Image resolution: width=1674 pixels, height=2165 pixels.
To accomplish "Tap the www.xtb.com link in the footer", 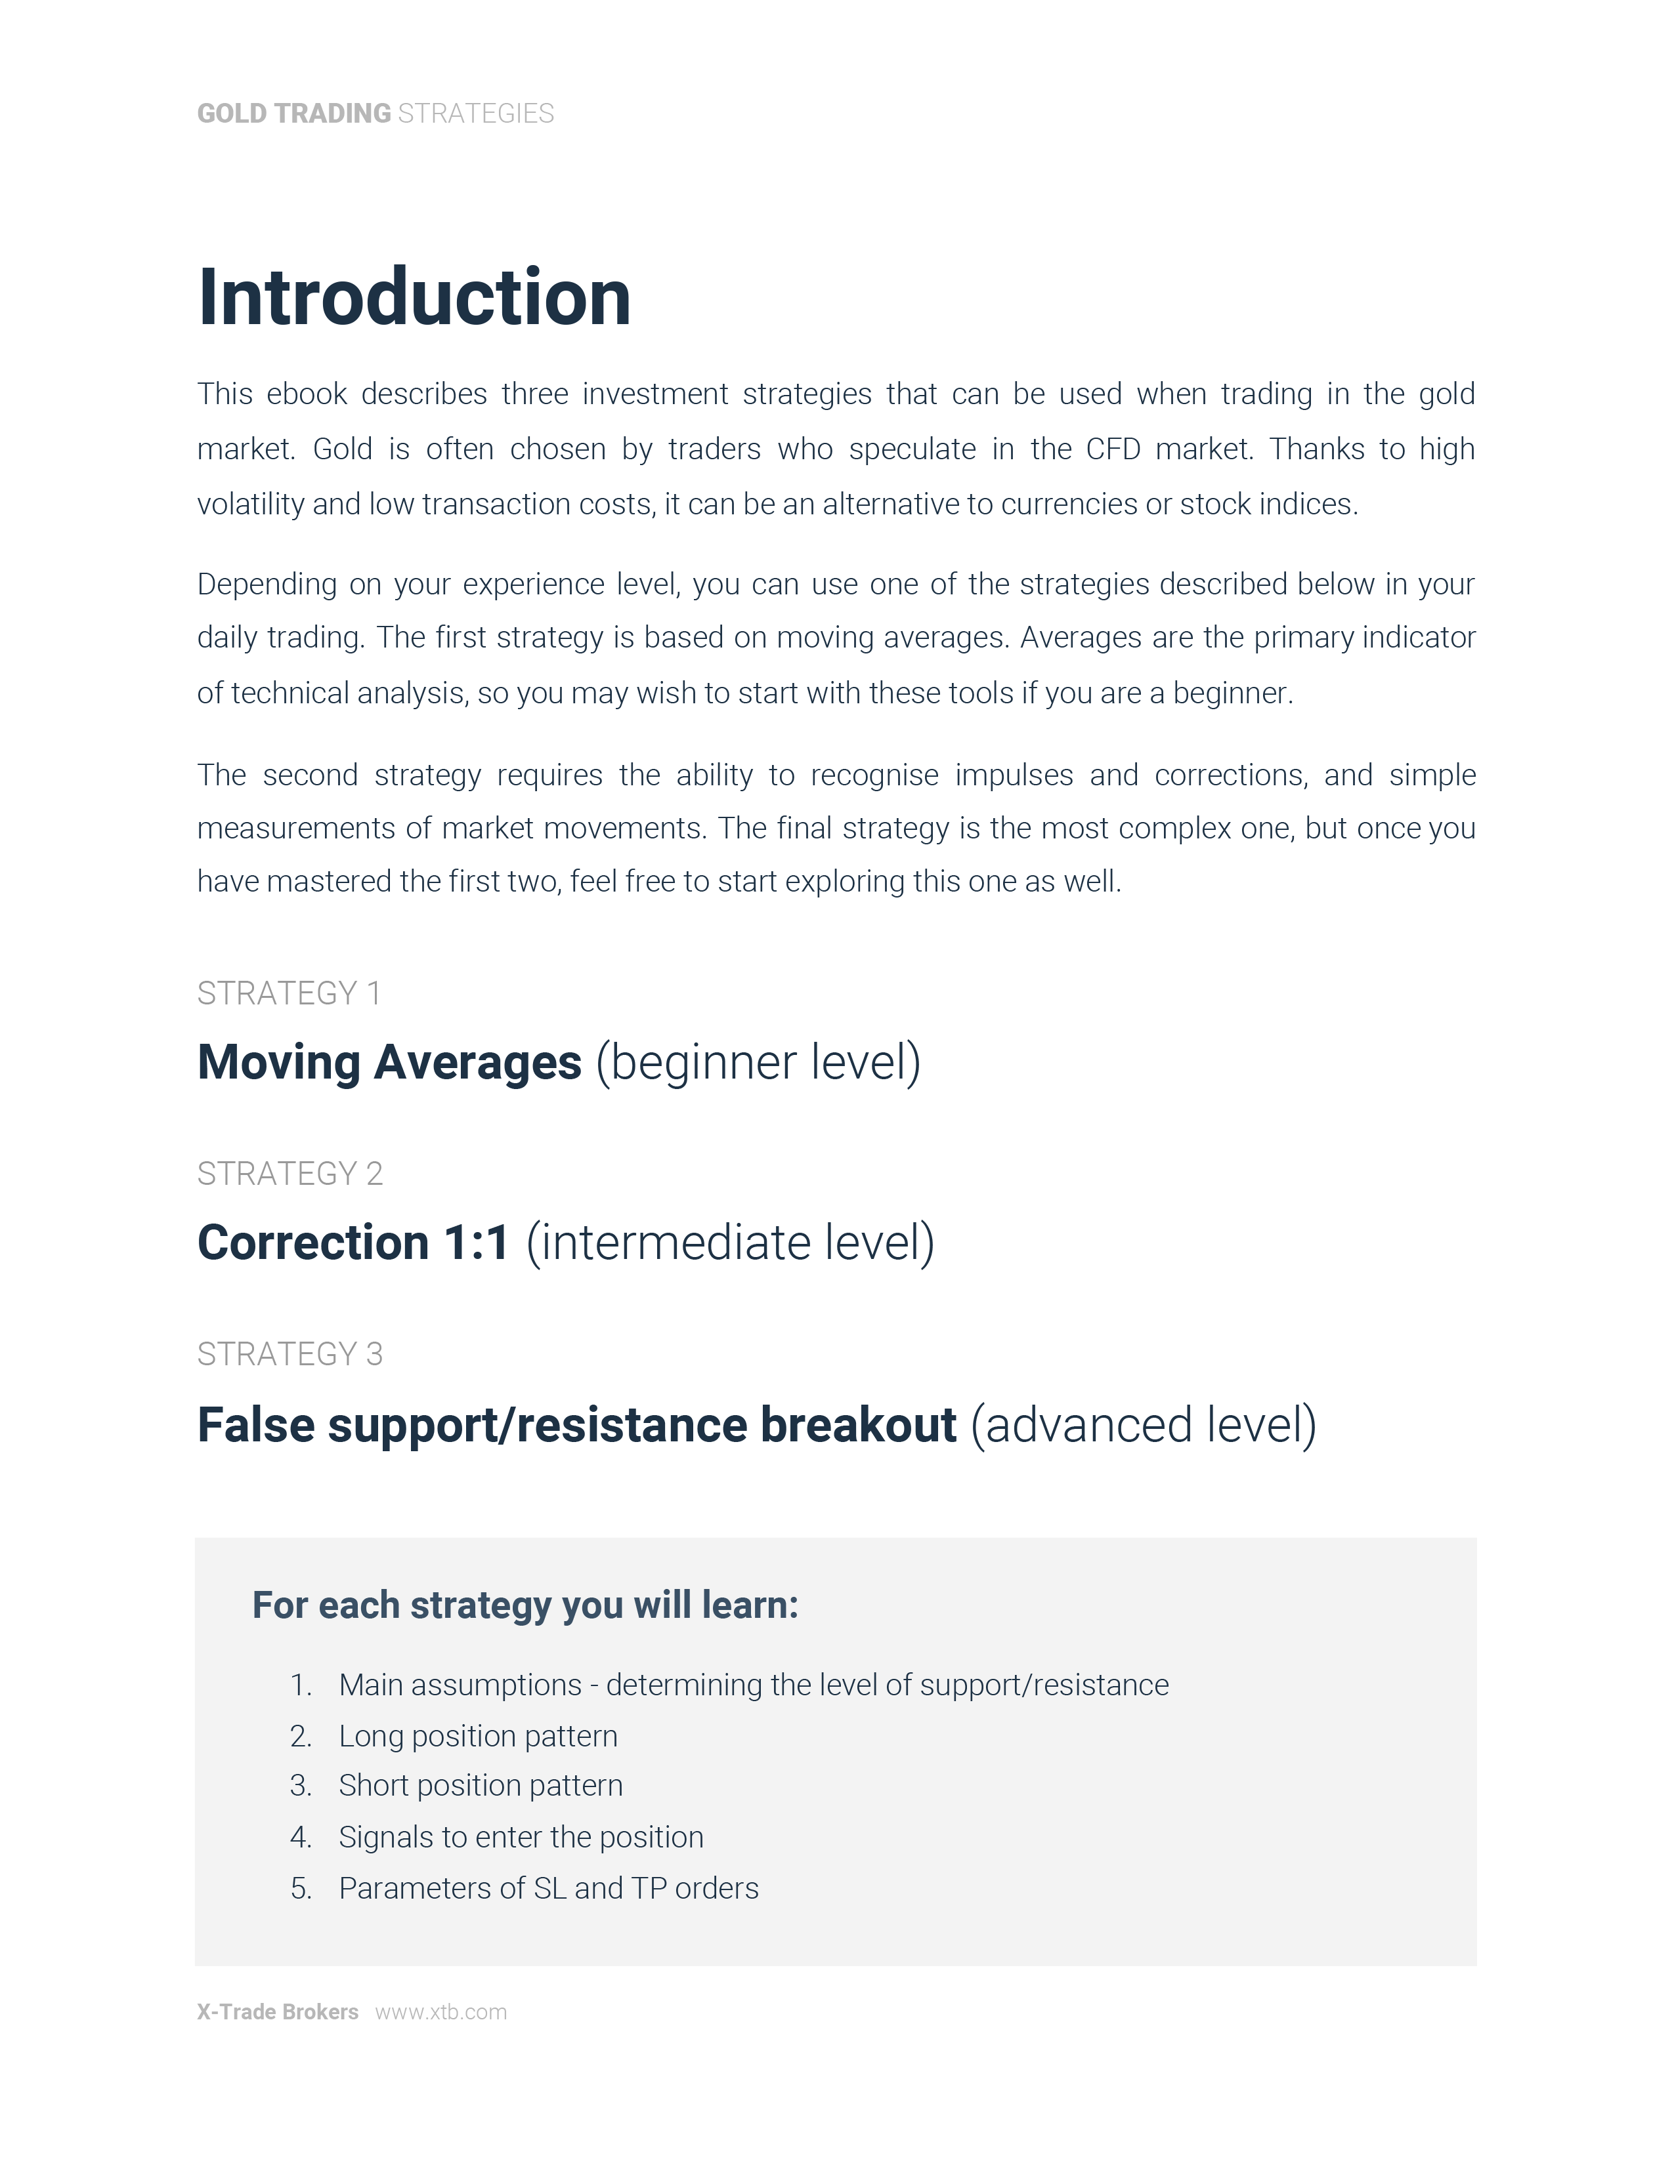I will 440,2011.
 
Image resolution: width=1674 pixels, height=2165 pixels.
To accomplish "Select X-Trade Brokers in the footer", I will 278,2011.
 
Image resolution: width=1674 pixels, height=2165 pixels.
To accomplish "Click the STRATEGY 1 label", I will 289,993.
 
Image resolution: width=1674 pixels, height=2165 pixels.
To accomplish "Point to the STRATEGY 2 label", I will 290,1174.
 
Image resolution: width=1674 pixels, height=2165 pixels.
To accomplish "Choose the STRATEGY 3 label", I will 290,1354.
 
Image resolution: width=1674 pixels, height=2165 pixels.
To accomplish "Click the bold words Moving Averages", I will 389,1063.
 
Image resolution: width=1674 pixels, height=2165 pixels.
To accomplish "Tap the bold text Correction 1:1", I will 353,1243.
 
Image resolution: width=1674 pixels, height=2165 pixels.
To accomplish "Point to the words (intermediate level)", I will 730,1243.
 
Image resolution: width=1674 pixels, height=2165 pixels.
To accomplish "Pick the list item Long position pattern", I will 478,1736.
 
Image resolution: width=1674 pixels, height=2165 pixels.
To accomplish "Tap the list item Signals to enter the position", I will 521,1837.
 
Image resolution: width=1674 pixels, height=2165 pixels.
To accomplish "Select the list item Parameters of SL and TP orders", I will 548,1888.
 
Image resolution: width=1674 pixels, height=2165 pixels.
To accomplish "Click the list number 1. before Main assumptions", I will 301,1685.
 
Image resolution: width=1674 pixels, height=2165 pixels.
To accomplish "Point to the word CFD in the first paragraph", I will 1113,449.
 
